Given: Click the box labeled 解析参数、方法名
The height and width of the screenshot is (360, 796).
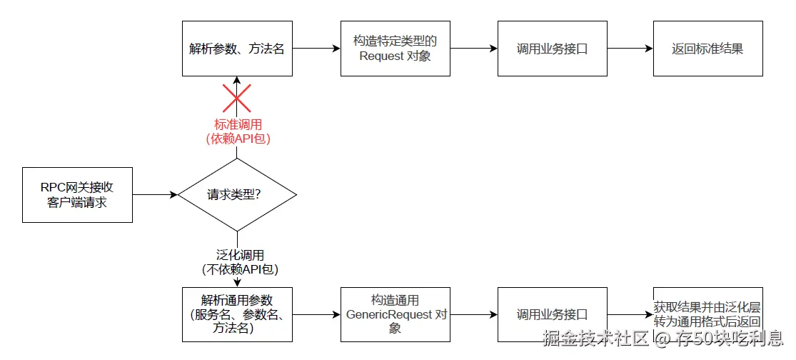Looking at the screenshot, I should click(x=237, y=49).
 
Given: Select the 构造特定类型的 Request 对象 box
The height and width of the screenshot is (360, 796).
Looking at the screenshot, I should click(x=395, y=49).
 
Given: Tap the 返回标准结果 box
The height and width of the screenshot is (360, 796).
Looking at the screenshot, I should click(x=707, y=49).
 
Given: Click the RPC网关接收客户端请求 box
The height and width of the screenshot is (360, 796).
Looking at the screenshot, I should click(x=77, y=195).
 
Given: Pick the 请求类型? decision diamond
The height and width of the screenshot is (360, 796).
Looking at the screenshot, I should click(x=237, y=194).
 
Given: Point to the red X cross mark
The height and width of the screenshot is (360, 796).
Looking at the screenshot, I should click(x=237, y=98).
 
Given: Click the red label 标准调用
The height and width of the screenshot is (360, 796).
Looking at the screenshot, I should click(x=237, y=124).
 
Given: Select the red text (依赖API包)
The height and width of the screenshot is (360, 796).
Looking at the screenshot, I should click(x=237, y=138).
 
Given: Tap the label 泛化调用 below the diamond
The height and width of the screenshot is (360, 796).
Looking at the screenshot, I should click(x=238, y=255).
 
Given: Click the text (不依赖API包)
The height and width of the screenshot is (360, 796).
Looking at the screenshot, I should click(x=238, y=269).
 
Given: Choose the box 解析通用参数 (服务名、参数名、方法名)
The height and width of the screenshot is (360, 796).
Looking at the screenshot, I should click(x=237, y=314).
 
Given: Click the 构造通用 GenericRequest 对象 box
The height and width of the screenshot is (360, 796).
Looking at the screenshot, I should click(x=395, y=314).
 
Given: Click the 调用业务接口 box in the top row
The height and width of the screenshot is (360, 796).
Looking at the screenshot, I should click(x=552, y=49).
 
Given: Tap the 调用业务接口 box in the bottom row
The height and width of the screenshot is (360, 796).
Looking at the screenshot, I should click(x=552, y=314).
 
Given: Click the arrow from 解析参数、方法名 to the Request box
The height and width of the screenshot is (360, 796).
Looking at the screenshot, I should click(x=316, y=49).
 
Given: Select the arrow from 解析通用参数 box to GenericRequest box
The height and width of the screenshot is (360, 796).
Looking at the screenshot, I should click(x=316, y=314).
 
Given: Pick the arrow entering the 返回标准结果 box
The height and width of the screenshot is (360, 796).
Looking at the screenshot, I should click(x=630, y=49).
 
